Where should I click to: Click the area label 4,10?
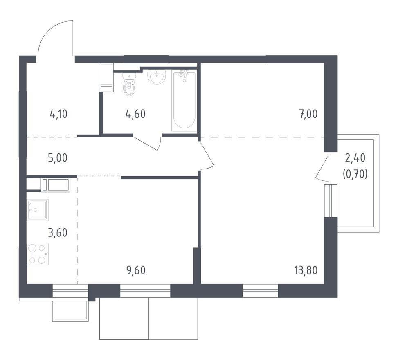tap(58, 114)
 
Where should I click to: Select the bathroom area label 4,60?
tap(135, 114)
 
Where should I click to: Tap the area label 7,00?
tap(308, 114)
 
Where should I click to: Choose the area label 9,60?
tap(136, 270)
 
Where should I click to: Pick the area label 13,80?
tap(306, 270)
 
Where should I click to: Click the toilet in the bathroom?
tap(129, 85)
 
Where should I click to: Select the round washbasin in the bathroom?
tap(156, 76)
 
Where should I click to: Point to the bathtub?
tap(184, 100)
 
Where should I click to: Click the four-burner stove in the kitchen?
tap(38, 254)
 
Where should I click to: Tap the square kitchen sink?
tap(38, 210)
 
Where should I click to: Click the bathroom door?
tap(148, 142)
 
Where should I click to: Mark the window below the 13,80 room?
tap(260, 291)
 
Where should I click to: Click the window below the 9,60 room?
tap(145, 291)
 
